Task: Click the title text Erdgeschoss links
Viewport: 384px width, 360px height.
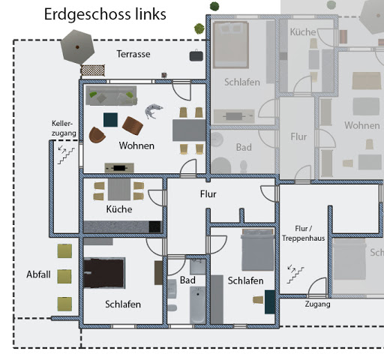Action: point(105,14)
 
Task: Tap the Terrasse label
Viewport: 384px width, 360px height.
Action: point(133,54)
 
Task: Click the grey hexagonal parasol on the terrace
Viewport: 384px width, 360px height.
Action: point(77,47)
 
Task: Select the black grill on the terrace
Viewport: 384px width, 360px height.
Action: point(196,55)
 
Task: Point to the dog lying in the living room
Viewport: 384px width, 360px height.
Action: point(153,111)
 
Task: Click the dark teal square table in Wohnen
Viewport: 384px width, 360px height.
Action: point(110,120)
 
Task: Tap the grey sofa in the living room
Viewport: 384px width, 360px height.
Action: point(111,96)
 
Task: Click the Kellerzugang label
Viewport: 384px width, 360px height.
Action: point(64,128)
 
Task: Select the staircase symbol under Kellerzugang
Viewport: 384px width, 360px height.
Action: point(66,155)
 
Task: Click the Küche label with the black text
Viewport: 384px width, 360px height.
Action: point(119,209)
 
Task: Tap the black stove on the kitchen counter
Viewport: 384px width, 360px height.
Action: point(154,227)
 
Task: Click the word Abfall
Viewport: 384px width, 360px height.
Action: point(38,274)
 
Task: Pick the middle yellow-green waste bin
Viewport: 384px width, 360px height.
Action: point(64,277)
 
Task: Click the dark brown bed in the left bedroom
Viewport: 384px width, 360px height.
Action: point(104,273)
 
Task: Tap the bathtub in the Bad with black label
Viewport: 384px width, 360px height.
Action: point(198,304)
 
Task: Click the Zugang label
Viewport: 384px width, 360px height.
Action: point(317,304)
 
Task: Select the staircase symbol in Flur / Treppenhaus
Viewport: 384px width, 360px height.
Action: point(295,274)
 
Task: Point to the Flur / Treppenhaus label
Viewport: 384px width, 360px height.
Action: point(304,233)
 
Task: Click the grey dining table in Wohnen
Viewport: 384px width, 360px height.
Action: point(189,130)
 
